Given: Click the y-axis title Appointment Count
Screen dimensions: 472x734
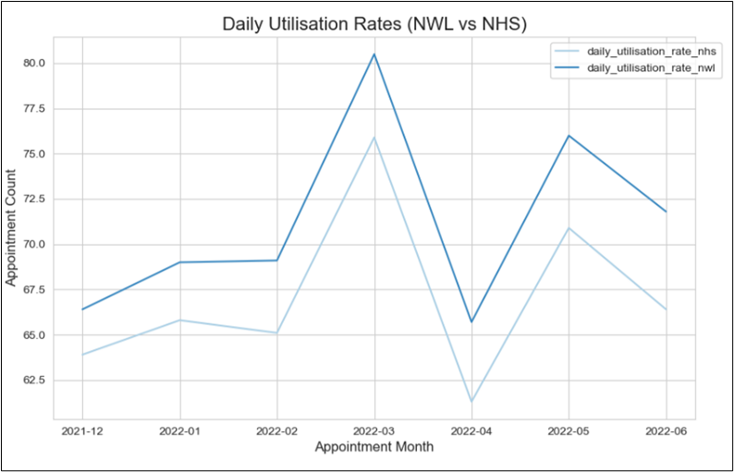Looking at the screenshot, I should pos(12,227).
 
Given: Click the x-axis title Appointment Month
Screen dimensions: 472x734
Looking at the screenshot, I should pos(373,447).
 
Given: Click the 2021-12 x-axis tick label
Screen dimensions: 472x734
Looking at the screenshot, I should pos(82,430).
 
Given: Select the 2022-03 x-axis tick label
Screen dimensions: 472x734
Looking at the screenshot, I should pos(374,430).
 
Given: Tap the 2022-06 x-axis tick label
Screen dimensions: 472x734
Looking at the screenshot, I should pos(667,430).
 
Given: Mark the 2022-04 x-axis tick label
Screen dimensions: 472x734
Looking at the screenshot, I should pos(471,430).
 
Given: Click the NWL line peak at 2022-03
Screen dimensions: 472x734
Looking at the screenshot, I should pos(374,54).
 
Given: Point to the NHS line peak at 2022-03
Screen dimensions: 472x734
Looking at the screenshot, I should pos(374,138).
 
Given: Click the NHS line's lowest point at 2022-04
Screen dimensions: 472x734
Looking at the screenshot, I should pos(471,402).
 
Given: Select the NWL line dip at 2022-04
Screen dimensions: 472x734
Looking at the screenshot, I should pos(471,321).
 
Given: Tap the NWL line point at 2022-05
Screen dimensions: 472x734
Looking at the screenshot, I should pos(569,136).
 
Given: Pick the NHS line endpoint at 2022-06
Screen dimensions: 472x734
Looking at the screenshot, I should pos(667,309).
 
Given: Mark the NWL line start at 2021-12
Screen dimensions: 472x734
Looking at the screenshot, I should pos(82,309).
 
